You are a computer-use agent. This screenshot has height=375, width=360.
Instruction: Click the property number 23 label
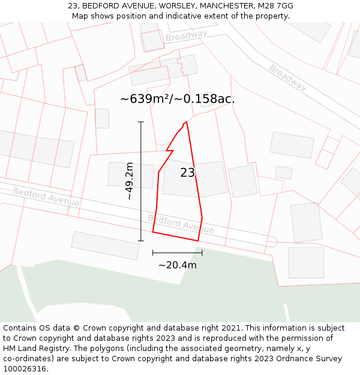pos(187,173)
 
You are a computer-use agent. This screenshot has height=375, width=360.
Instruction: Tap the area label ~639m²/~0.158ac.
pos(177,99)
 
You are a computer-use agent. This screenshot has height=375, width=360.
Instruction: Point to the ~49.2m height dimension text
pos(129,181)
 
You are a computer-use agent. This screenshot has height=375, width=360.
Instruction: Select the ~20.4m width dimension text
pos(177,265)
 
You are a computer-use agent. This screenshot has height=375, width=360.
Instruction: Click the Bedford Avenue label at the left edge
pos(46,197)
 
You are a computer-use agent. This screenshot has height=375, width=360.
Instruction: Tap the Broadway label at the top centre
pos(187,36)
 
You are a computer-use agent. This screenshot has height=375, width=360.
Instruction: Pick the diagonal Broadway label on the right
pos(287,77)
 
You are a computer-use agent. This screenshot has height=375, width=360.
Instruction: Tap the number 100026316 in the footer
pos(25,368)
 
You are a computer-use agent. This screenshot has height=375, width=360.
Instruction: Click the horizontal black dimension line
pos(177,253)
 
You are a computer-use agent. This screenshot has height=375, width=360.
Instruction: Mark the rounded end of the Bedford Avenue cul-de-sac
pos(271,242)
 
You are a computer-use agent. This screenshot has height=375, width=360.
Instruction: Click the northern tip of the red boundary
pos(187,122)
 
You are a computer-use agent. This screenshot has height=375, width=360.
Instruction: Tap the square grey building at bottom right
pos(306,263)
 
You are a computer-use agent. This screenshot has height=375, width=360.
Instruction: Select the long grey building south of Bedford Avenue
pos(106,245)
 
